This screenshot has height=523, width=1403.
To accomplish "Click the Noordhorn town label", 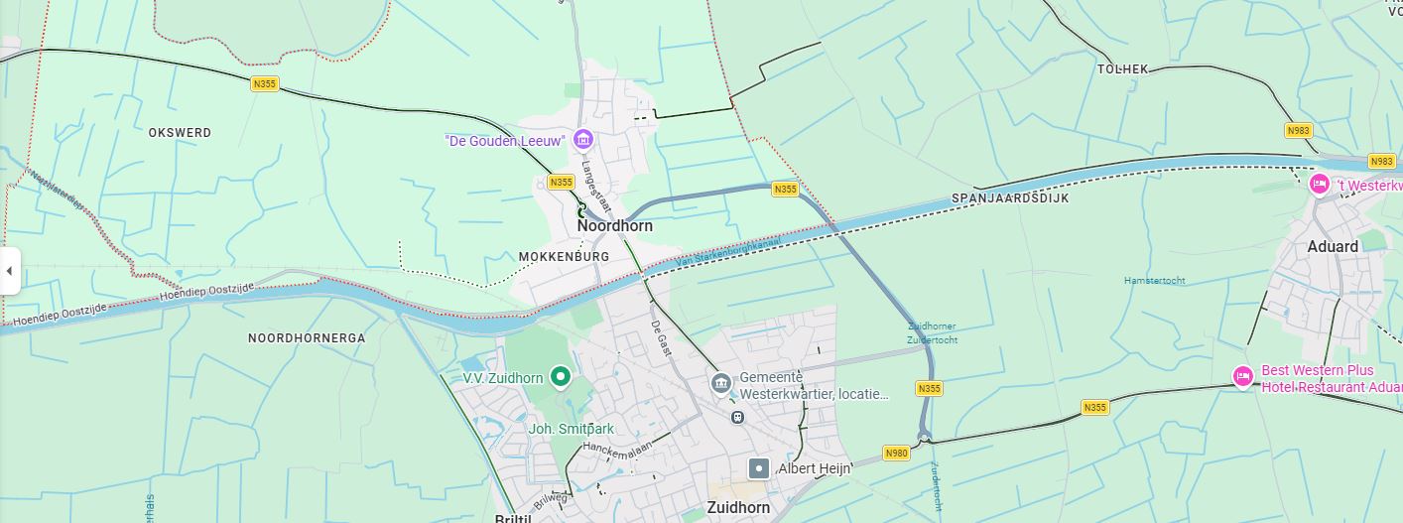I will coord(614,225).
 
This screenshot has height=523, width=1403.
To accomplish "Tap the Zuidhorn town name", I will coord(737,507).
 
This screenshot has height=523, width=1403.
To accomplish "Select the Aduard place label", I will coord(1333,246).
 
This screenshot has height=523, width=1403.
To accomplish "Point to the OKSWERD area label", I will coord(180,132).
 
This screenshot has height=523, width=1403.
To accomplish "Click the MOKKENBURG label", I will coord(564,257).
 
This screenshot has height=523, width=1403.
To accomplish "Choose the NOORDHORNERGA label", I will coord(307,337).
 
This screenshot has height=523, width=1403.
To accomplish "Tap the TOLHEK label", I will coord(1122,68).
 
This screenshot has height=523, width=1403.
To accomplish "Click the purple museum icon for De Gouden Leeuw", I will coord(583,139).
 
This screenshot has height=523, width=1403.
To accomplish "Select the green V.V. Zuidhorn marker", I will coord(561,376).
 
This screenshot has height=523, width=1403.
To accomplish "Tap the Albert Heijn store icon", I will coord(759,467).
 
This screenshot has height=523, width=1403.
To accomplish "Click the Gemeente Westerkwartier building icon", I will coord(721,382).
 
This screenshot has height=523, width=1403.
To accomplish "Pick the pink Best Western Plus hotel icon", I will coord(1242,376).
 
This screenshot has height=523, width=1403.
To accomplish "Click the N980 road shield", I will coord(896,454).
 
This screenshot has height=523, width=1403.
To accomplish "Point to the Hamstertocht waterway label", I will coord(1154,281).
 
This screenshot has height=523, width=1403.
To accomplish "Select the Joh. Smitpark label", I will coord(571,429).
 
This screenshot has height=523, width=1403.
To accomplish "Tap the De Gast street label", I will coord(661,338).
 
